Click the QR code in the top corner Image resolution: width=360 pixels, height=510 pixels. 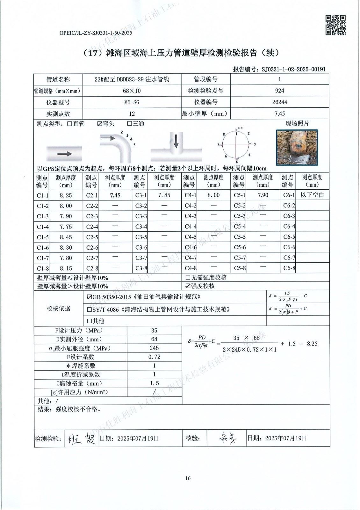(x=335, y=25)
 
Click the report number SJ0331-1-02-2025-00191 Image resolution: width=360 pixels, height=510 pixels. (x=293, y=69)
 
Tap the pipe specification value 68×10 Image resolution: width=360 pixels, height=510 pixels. (x=132, y=91)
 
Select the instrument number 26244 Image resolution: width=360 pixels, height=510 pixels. (x=279, y=102)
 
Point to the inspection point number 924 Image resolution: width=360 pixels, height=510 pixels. (x=279, y=91)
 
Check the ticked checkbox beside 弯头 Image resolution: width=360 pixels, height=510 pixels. (x=100, y=124)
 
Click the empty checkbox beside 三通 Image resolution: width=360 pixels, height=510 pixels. (x=130, y=124)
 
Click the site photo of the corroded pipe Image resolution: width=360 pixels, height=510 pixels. (x=297, y=147)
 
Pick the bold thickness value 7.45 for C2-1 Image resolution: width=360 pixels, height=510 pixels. (x=115, y=195)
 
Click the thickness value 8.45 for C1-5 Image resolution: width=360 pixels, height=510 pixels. (x=66, y=237)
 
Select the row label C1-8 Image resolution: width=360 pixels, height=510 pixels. (x=42, y=268)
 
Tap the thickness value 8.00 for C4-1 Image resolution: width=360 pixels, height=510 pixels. (x=213, y=195)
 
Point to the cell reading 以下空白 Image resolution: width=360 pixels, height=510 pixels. (x=312, y=195)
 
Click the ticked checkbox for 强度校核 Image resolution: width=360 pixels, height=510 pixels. (x=188, y=286)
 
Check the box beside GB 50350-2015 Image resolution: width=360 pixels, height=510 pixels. (x=90, y=297)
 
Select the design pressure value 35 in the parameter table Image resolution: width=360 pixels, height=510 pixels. (x=155, y=331)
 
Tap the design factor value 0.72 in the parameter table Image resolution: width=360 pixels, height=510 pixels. (x=155, y=357)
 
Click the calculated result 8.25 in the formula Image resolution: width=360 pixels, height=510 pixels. (x=312, y=344)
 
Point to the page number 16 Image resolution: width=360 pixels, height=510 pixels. (x=188, y=478)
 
